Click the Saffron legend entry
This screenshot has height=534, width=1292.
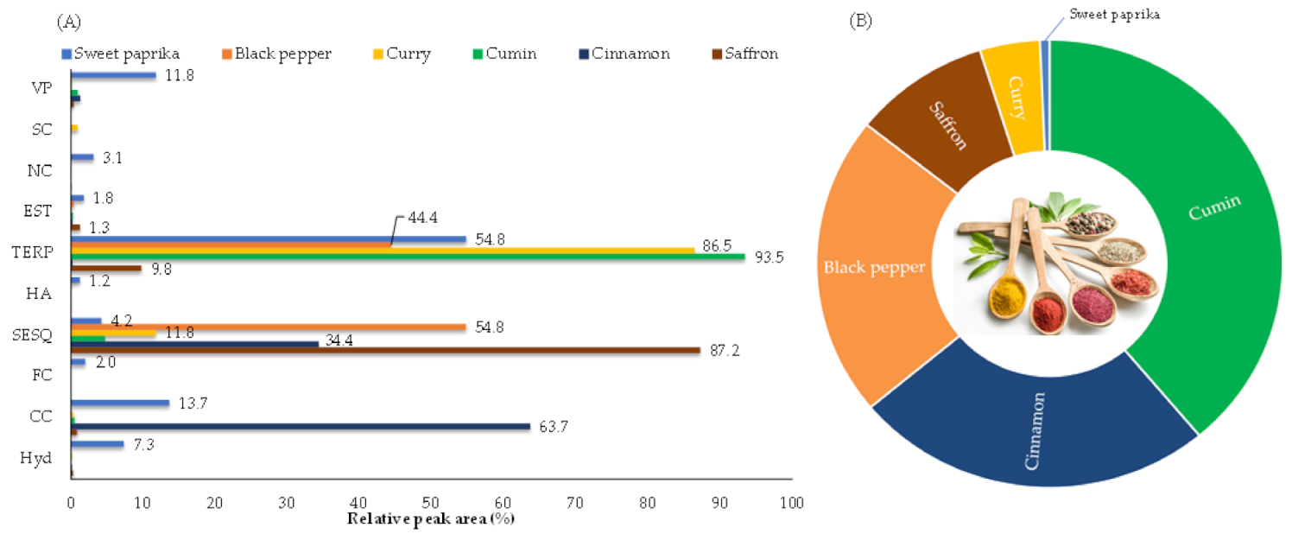[x=745, y=54]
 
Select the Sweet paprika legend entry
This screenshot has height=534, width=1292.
[x=121, y=54]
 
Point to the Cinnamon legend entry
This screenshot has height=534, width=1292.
[x=624, y=54]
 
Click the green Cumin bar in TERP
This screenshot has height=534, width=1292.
[x=408, y=257]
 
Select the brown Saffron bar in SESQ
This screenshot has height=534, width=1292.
[x=385, y=350]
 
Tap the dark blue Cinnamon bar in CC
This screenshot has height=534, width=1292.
[x=301, y=427]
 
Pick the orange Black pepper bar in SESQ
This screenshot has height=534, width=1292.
[x=269, y=327]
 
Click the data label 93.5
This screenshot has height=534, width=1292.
[x=769, y=257]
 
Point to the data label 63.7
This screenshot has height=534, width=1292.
[x=554, y=427]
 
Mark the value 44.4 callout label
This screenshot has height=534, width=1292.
[x=423, y=218]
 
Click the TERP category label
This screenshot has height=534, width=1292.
[x=32, y=252]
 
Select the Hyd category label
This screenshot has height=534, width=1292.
[x=35, y=458]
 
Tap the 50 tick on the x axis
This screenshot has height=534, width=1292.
[x=431, y=503]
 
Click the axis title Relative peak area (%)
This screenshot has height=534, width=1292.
[x=431, y=518]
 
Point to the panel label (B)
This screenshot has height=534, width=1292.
[x=860, y=21]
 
